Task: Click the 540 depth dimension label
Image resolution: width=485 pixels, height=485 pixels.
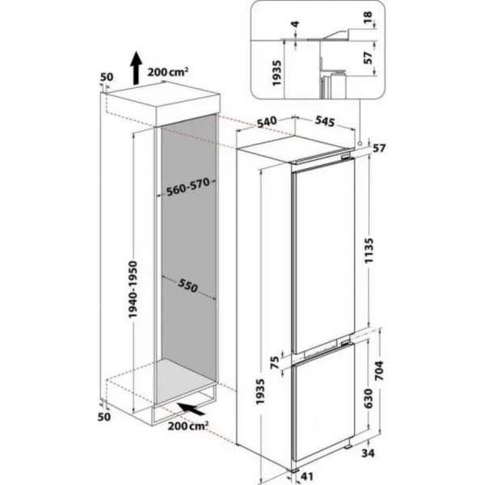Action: [x=267, y=121]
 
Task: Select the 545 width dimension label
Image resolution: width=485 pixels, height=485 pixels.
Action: [x=325, y=121]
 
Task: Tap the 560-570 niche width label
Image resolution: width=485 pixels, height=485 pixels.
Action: [x=188, y=188]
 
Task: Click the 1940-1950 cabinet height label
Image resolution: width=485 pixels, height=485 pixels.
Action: [x=133, y=289]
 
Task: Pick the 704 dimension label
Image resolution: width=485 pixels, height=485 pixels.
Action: [x=378, y=370]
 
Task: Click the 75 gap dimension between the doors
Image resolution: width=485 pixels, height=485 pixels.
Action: [x=275, y=362]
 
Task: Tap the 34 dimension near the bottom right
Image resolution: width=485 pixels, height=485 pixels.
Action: [x=368, y=453]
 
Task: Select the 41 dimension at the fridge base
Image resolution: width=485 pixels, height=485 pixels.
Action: [x=306, y=476]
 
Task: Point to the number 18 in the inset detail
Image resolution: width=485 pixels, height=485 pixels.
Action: [x=368, y=19]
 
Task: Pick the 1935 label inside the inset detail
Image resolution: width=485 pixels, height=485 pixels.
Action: [x=276, y=74]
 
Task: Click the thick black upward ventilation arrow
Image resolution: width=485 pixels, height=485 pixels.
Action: [x=136, y=68]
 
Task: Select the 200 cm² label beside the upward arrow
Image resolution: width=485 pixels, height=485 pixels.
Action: [x=168, y=72]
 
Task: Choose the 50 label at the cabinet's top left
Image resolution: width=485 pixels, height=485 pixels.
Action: [x=107, y=77]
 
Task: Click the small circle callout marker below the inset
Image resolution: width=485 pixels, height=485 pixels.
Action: [x=360, y=144]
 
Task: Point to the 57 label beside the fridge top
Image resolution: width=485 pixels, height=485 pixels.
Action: [x=379, y=149]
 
